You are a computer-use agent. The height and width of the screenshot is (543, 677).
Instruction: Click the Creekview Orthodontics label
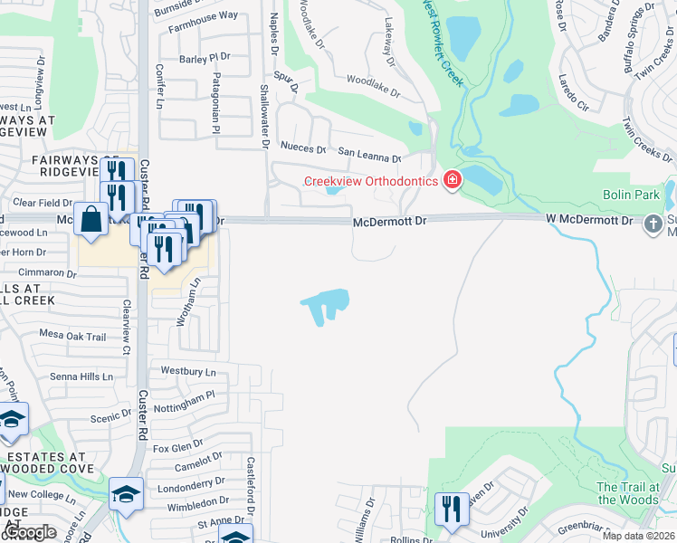pos(371,181)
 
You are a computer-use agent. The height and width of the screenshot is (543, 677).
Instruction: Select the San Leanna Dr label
pos(368,157)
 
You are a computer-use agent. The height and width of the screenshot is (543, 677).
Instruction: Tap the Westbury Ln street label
pos(188,371)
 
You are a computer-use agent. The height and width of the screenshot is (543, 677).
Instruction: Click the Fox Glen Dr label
pos(177,447)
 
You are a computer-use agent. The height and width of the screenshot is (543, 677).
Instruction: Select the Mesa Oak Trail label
pos(72,336)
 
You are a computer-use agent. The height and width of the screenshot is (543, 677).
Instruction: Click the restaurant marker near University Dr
pos(451,509)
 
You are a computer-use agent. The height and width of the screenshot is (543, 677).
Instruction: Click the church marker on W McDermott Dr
pos(654,223)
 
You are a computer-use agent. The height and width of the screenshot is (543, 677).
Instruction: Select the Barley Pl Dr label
pos(205,59)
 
